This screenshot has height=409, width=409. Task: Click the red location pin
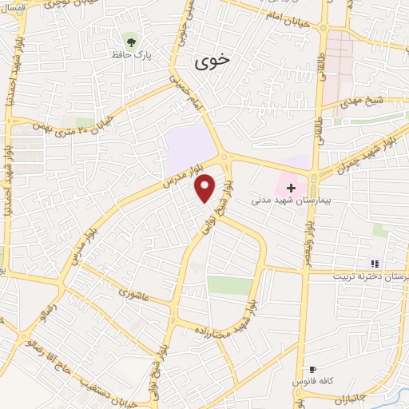coord(205,188)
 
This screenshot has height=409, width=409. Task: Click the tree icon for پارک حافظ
coord(129,40)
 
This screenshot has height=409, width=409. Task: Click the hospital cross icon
coord(291,189)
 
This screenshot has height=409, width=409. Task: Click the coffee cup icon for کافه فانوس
coord(312,370)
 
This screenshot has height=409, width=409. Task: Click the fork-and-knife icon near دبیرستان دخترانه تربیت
coord(373,263)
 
